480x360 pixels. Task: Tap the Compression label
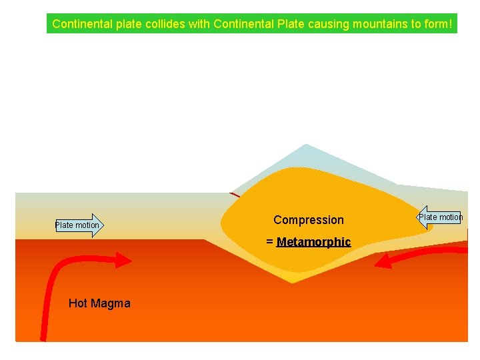pos(309,220)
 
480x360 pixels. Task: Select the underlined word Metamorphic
pos(313,242)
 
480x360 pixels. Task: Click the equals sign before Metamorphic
pos(269,242)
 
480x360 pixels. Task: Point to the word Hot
pos(79,304)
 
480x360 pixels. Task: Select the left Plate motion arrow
pos(79,225)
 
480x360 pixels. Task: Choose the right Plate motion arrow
pos(440,217)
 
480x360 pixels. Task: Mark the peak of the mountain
pos(305,145)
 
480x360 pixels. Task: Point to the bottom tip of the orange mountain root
pos(292,281)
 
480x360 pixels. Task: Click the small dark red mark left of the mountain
pos(234,195)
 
